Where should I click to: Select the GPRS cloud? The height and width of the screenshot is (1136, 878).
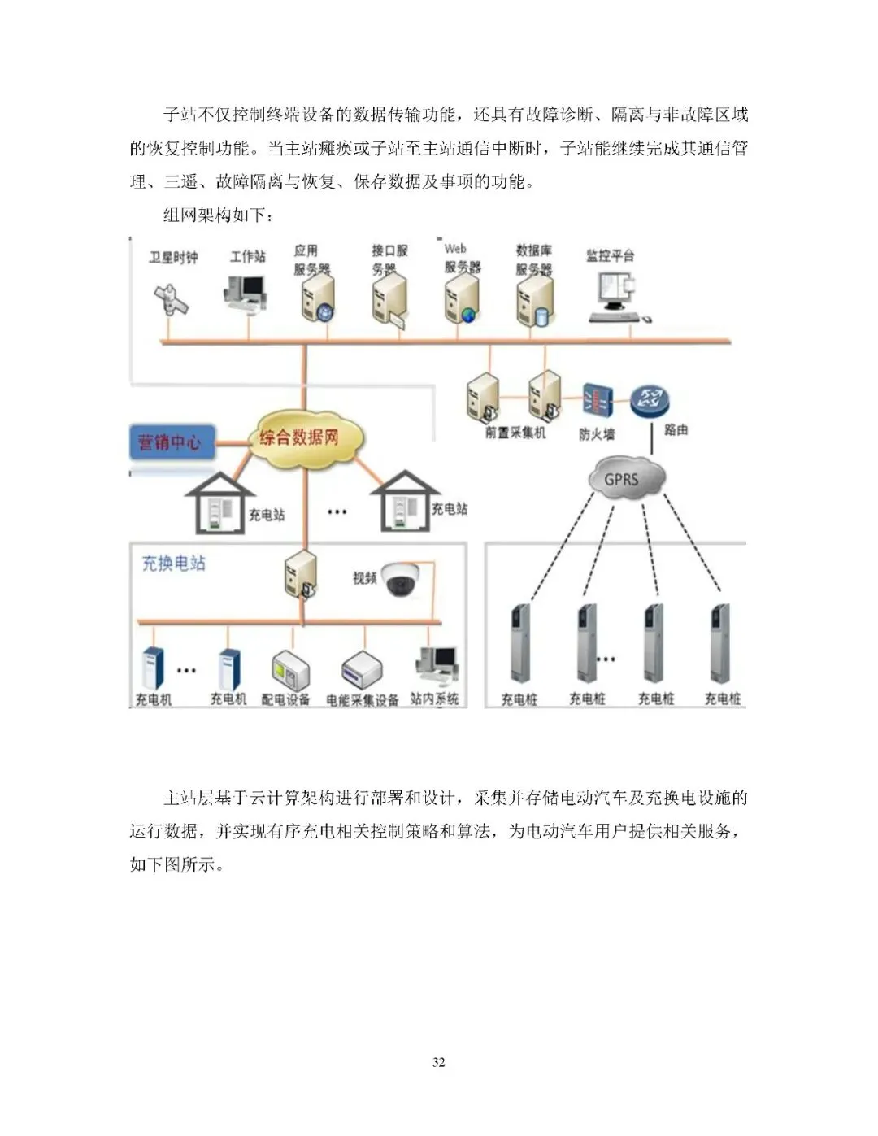pyautogui.click(x=622, y=479)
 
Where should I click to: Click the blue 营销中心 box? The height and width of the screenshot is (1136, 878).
pyautogui.click(x=171, y=442)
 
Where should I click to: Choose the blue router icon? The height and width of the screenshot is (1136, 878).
pyautogui.click(x=649, y=400)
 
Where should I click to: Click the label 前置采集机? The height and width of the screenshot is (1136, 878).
pyautogui.click(x=515, y=433)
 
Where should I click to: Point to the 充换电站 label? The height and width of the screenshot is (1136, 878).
pyautogui.click(x=174, y=563)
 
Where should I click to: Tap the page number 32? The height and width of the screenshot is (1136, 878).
pyautogui.click(x=439, y=1062)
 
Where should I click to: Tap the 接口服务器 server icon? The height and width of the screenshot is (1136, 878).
pyautogui.click(x=388, y=301)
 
